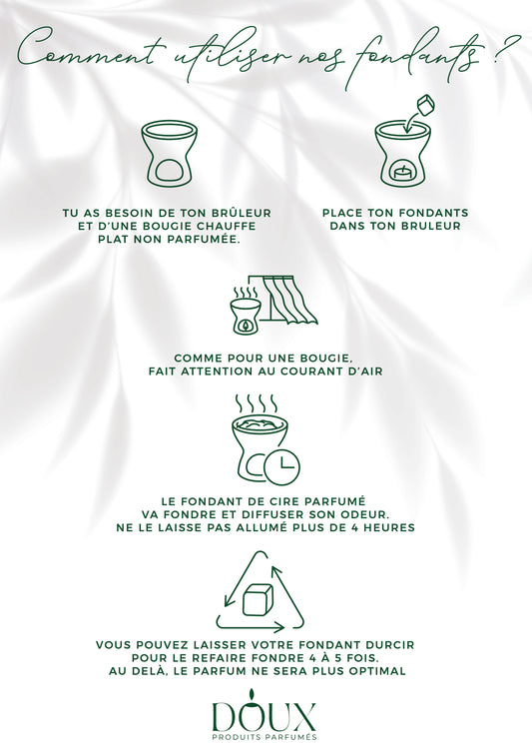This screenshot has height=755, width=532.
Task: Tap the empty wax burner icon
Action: tap(169, 153)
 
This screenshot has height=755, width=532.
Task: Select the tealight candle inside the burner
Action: tap(401, 173)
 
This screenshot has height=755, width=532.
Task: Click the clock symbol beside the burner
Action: tap(281, 466)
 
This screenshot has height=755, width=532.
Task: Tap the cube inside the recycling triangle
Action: tap(256, 599)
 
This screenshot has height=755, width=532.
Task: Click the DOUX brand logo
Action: tap(265, 716)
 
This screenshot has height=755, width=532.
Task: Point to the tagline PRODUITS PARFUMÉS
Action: tap(265, 737)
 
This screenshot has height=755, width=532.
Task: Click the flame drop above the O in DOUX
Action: tap(251, 694)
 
